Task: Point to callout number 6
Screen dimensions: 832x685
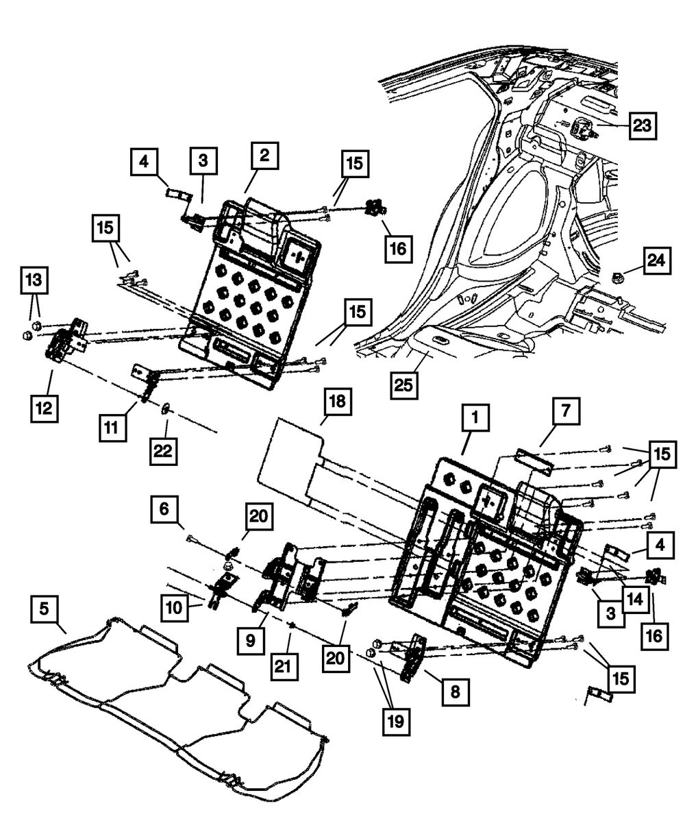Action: [164, 510]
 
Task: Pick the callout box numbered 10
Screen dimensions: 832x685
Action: [175, 607]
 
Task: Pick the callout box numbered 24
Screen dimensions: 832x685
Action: [656, 261]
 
